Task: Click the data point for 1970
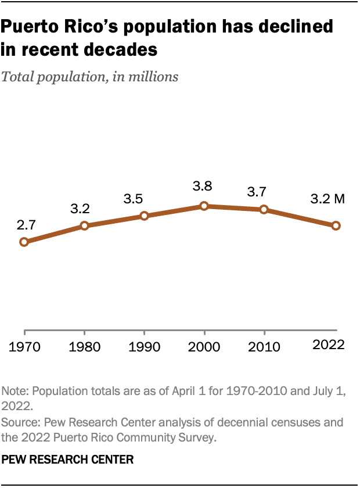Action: click(24, 242)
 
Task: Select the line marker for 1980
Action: click(84, 225)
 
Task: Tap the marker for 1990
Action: click(144, 216)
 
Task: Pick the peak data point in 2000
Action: click(204, 206)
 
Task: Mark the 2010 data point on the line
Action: click(264, 209)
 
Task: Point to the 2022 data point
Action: click(336, 225)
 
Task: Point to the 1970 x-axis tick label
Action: click(24, 347)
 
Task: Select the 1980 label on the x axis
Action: click(84, 347)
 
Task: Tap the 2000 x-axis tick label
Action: click(204, 347)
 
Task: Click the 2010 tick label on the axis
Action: click(264, 347)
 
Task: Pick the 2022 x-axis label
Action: click(329, 345)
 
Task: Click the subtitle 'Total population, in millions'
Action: click(90, 77)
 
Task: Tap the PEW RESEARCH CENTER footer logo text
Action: click(68, 460)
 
